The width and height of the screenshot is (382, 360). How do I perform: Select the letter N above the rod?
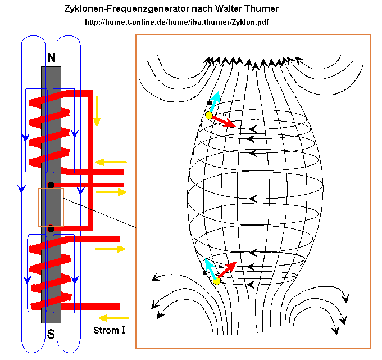pyautogui.click(x=51, y=58)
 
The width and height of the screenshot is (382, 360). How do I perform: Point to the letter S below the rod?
pyautogui.click(x=51, y=335)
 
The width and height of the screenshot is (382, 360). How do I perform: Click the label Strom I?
pyautogui.click(x=109, y=330)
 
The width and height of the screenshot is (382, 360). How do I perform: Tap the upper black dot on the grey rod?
pyautogui.click(x=51, y=185)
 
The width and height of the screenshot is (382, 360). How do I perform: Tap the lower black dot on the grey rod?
pyautogui.click(x=51, y=228)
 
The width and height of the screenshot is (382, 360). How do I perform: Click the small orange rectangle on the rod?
pyautogui.click(x=51, y=206)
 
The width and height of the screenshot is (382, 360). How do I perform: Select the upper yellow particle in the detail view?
pyautogui.click(x=209, y=115)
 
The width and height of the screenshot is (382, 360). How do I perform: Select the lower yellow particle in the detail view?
pyautogui.click(x=217, y=281)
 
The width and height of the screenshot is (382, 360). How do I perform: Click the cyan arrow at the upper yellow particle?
pyautogui.click(x=213, y=101)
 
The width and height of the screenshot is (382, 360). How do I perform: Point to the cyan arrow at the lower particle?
pyautogui.click(x=210, y=269)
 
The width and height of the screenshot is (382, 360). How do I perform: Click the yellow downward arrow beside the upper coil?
pyautogui.click(x=97, y=111)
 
